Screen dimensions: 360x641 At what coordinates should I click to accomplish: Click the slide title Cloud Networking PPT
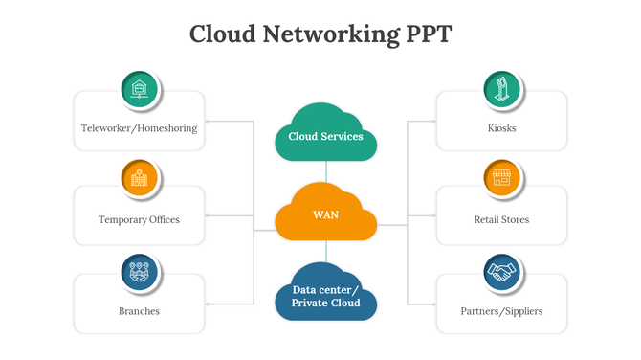click(320, 34)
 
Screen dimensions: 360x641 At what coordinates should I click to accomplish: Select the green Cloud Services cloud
click(325, 134)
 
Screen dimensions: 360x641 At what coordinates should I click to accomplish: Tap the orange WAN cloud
click(325, 214)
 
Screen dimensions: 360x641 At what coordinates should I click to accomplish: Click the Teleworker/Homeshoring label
click(139, 128)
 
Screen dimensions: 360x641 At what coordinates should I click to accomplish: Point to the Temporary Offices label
click(139, 219)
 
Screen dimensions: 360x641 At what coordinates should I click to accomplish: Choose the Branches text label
click(139, 311)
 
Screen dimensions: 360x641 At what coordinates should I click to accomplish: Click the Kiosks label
click(501, 128)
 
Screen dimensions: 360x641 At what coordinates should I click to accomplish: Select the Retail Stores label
click(501, 219)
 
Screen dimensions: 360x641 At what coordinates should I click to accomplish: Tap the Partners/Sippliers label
click(501, 311)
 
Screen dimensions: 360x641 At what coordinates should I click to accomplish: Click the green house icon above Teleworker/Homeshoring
click(140, 89)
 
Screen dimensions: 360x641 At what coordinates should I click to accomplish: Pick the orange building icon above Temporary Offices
click(140, 178)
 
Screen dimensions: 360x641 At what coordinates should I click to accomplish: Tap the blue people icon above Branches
click(140, 272)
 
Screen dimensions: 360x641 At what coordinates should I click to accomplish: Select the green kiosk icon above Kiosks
click(501, 89)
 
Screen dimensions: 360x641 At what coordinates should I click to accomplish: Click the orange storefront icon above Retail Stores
click(501, 178)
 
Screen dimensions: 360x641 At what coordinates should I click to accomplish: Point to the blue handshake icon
click(501, 272)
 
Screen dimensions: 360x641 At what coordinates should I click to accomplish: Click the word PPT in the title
click(423, 34)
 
